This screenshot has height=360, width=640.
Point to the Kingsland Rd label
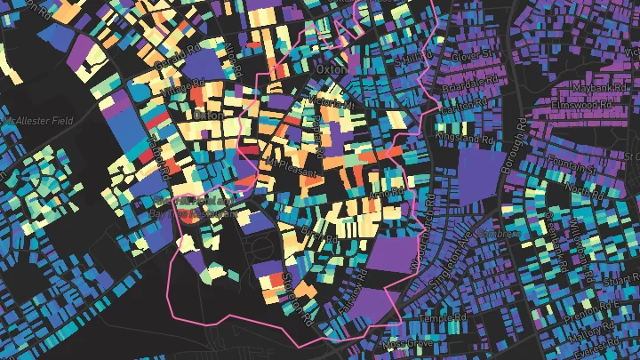471,140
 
